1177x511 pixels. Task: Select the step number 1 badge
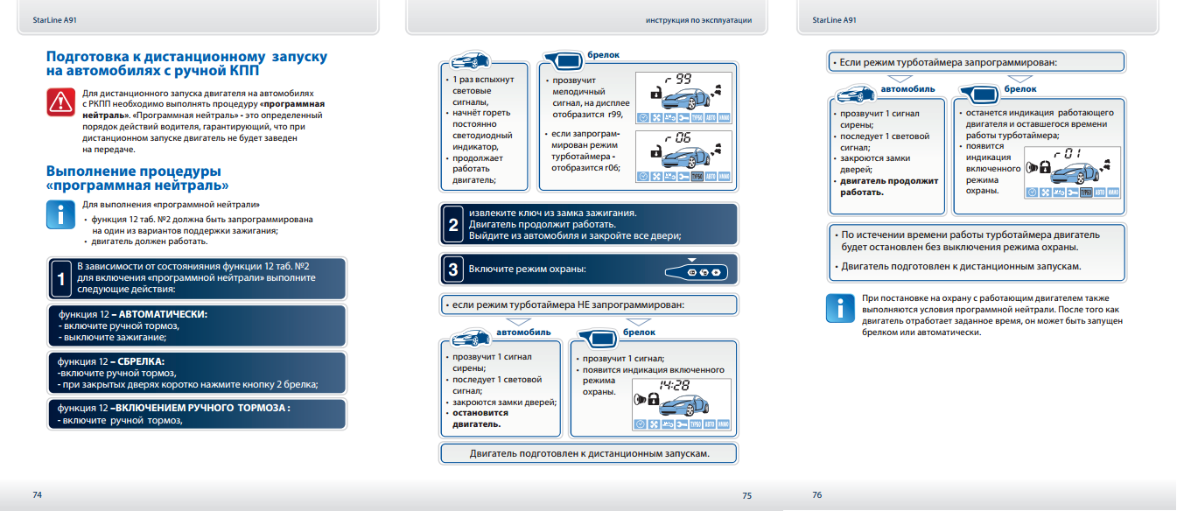pos(60,279)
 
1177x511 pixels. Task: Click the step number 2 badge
pos(452,225)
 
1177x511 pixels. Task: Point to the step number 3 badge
pos(452,269)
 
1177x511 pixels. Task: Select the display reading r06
pos(683,155)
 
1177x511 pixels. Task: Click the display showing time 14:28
pos(683,403)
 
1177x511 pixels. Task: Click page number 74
pos(37,494)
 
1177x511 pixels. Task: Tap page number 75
pos(746,495)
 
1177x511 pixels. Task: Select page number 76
pos(816,494)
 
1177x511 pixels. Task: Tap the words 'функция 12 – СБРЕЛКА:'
pos(111,360)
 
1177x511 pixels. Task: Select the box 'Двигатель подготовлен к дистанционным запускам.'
pos(589,453)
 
